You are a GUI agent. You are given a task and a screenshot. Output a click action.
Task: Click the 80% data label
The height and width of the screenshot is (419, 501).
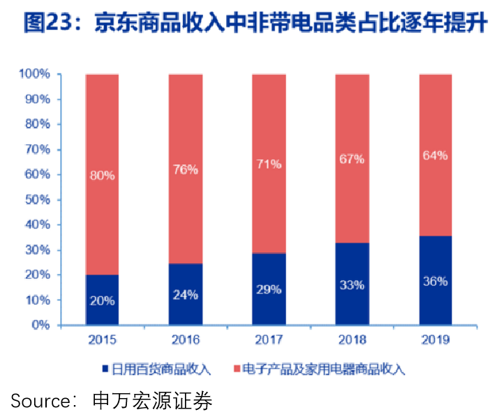(x=103, y=176)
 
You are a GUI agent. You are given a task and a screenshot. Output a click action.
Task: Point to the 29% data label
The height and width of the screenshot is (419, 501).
(x=269, y=289)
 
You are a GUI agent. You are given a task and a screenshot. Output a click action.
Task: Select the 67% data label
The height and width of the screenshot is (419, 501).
(x=352, y=159)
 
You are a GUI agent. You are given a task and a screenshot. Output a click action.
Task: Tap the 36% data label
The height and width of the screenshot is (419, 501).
(x=435, y=282)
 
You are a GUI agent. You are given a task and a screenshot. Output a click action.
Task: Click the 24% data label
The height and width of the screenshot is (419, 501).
(x=186, y=295)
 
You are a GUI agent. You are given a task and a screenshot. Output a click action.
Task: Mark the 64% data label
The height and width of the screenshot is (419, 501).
(x=435, y=155)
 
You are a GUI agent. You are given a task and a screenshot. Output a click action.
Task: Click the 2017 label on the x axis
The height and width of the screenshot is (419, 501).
(x=269, y=340)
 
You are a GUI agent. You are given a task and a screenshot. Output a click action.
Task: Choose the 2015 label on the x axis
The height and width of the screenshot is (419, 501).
(x=102, y=340)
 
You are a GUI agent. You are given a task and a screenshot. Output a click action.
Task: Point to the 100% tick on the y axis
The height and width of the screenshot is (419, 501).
(x=34, y=74)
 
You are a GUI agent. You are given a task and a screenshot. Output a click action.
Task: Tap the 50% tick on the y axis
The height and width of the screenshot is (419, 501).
(x=37, y=200)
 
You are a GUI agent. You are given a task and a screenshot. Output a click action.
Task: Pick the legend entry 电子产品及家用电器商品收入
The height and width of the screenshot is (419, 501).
(x=323, y=368)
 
